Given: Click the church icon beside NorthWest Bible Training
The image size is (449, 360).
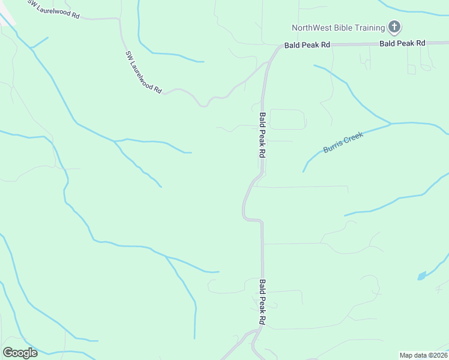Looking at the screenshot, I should pos(394,27).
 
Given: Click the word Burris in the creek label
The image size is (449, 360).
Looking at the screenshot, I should pos(334,146).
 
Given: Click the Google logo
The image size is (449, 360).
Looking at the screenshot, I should pos(20,353).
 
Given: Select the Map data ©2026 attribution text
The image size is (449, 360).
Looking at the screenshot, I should pos(424,355).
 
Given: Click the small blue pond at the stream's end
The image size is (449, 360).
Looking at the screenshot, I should pos(421,276).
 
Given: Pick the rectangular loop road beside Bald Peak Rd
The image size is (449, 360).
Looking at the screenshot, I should pos(288,119).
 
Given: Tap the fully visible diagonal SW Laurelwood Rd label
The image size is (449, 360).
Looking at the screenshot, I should pos(144,71).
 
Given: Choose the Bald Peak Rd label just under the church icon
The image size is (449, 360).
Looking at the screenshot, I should pos(402,43).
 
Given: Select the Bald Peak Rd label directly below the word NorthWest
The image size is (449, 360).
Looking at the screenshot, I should pos(307,45).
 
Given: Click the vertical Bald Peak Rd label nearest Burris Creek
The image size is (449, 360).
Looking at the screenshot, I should pos(262,135).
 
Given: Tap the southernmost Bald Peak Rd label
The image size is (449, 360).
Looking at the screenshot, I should pos(262,302).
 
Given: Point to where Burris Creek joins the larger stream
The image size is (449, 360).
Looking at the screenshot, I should pos(391,124).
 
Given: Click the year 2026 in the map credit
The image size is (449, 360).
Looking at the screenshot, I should pos(439,355).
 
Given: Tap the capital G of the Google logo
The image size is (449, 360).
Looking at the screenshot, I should pos(8,352).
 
